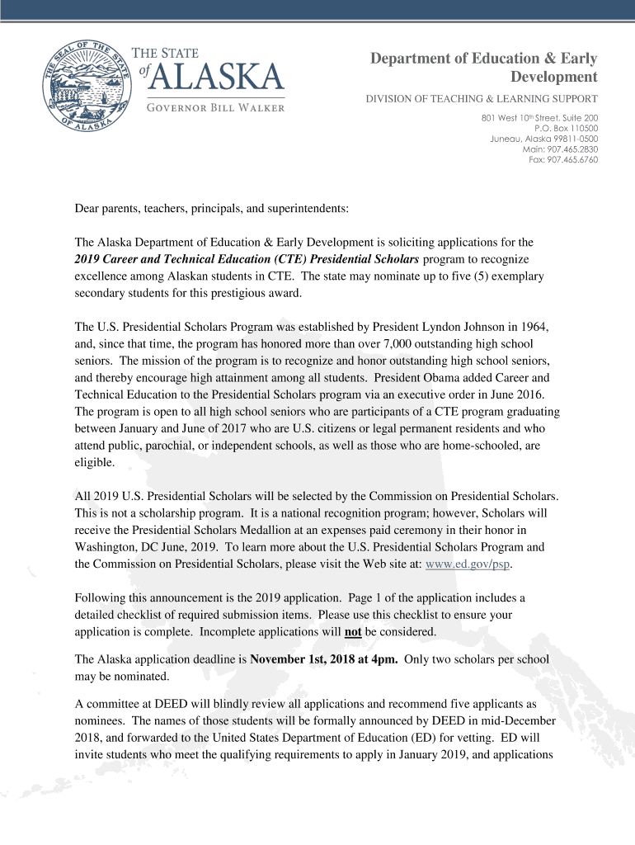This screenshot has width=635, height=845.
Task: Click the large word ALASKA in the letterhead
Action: coord(218,78)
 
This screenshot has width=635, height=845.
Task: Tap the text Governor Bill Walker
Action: coord(216,108)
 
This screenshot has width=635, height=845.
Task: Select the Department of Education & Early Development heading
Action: coord(483,67)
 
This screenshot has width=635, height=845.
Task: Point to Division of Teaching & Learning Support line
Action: coord(482,99)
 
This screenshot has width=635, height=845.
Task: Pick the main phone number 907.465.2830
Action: coord(561,149)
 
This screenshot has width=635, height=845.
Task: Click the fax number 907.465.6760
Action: coord(563,159)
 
